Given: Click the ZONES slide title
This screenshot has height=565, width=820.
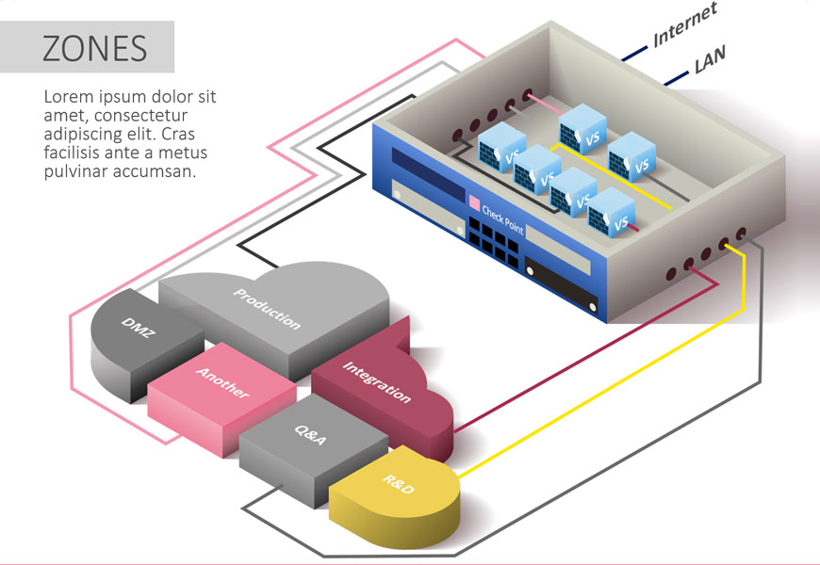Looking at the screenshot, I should [x=94, y=48].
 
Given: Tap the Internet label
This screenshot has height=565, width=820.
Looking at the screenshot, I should [x=685, y=24].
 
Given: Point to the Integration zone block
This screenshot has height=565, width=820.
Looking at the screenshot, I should [x=376, y=381].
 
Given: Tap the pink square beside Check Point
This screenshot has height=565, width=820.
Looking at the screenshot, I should [x=474, y=202].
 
